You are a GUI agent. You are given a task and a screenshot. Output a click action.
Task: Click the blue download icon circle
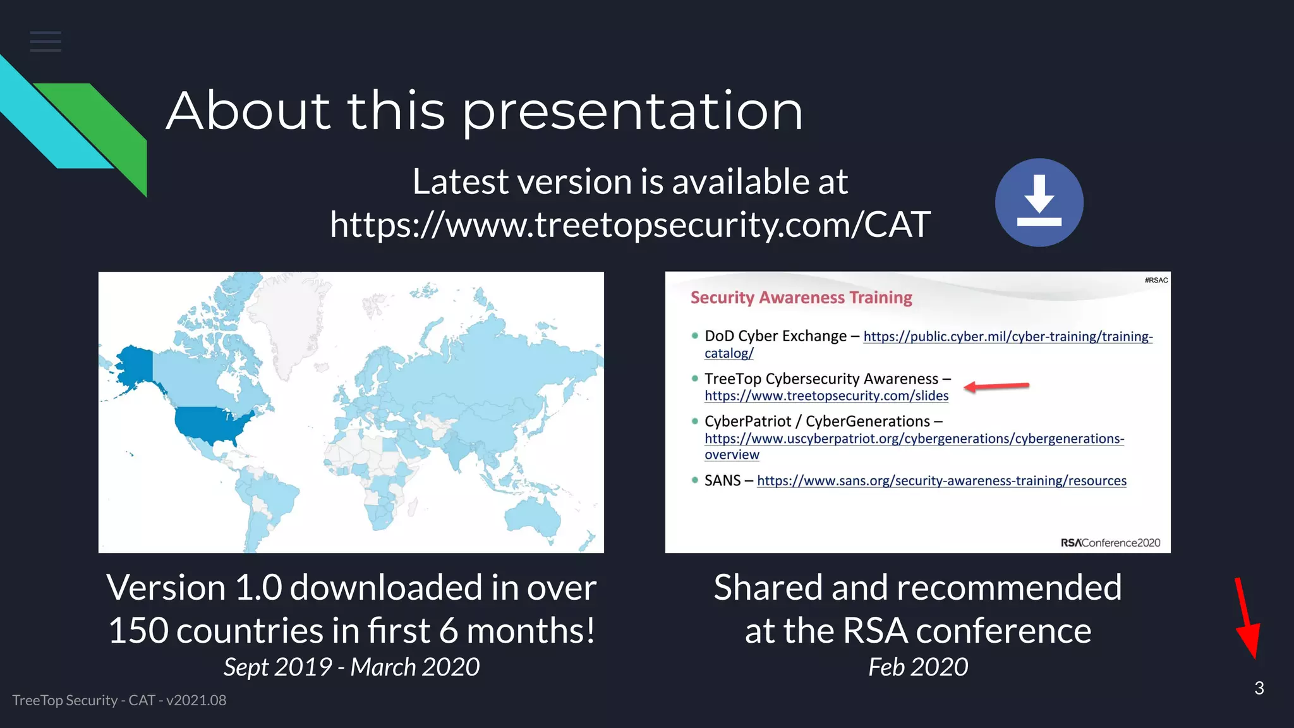tap(1039, 202)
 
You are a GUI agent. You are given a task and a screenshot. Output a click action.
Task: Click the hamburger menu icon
tap(45, 42)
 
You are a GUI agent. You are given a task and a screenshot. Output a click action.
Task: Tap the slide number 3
tap(1259, 688)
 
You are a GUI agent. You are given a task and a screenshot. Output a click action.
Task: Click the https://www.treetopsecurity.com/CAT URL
tap(630, 224)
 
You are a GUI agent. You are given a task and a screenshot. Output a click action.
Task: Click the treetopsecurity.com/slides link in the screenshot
tap(826, 396)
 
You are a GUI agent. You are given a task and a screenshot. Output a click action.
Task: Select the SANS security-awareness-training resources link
tap(941, 481)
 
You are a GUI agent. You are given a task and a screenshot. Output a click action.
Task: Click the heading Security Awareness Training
tap(801, 298)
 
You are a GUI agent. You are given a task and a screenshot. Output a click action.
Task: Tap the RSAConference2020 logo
tap(1110, 543)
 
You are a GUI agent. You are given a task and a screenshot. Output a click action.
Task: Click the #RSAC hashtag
tap(1156, 280)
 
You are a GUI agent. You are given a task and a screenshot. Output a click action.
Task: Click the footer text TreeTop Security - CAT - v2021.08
tap(119, 700)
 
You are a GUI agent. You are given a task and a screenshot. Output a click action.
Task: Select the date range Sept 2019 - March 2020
tap(351, 667)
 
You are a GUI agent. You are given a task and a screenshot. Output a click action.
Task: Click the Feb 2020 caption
tap(917, 667)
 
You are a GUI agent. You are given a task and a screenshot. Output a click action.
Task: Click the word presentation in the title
tap(632, 111)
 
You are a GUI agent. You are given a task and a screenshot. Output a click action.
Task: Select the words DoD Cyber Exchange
tap(775, 336)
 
